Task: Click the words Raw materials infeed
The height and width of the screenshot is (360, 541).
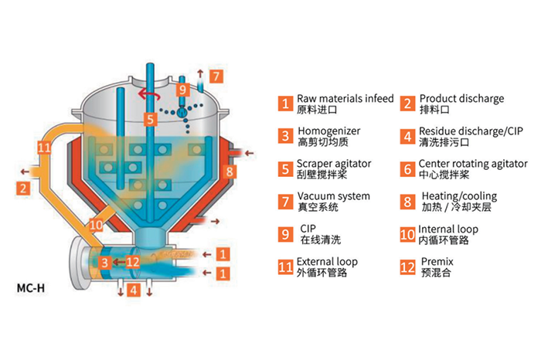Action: pos(345,99)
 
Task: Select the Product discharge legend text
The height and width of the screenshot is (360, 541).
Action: pos(461,99)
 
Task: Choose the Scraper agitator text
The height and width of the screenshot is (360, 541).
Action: pos(334,165)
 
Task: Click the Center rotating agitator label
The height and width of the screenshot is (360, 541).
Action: pos(473,165)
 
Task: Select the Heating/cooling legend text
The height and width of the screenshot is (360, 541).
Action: pos(459,197)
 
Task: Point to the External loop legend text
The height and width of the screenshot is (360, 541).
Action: pos(327,262)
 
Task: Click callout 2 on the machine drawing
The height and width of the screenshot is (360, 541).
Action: pos(24,188)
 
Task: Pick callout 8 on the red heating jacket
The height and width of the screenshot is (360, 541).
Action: pos(230,171)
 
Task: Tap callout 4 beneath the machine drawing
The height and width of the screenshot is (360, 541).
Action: pos(134,290)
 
